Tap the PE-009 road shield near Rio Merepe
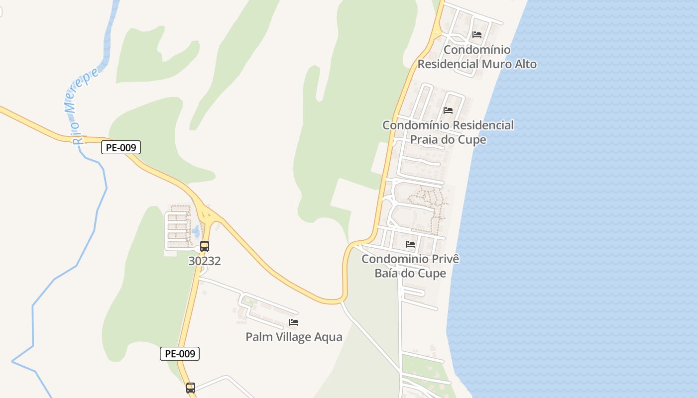(x=121, y=147)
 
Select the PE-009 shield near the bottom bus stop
(x=180, y=354)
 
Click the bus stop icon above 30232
(x=205, y=246)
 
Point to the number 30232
(x=205, y=261)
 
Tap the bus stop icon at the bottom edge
(x=191, y=388)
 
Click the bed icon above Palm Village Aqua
(x=294, y=322)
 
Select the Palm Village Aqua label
(x=294, y=337)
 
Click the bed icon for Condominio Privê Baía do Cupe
(x=410, y=244)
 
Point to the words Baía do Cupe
(x=410, y=273)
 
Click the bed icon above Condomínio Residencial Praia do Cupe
(x=448, y=110)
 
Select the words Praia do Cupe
(x=448, y=139)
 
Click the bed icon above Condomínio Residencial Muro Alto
(x=477, y=35)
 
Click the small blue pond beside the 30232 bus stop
(x=196, y=231)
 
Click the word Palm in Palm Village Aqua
(x=258, y=337)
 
